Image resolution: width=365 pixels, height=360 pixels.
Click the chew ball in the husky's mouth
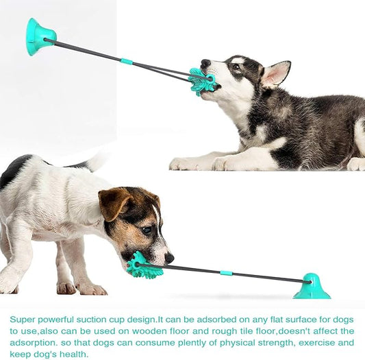tap(203, 81)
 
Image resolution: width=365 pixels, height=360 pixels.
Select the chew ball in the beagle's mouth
tap(144, 265)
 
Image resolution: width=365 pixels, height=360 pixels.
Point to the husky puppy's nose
tap(205, 64)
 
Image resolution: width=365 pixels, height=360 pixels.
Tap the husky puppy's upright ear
tap(275, 73)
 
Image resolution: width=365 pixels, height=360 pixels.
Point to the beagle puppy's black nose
tap(168, 258)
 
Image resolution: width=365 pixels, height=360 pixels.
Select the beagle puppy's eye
tap(147, 230)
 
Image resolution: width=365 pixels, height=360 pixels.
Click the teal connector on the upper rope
tap(126, 62)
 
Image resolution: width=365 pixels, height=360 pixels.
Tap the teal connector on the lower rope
tap(225, 272)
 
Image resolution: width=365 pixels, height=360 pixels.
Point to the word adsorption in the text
tap(32, 342)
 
